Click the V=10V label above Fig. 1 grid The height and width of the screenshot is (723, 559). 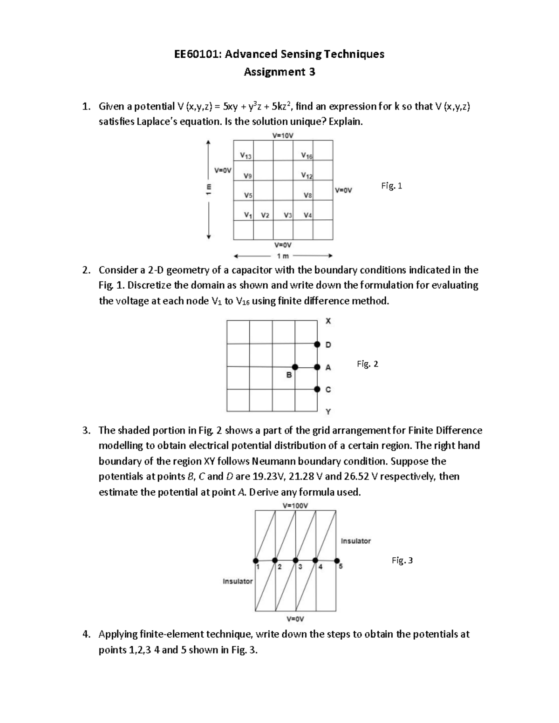click(x=283, y=135)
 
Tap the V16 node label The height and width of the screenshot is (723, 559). click(x=307, y=156)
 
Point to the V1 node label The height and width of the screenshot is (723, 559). click(x=248, y=215)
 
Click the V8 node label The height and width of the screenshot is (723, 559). click(x=307, y=196)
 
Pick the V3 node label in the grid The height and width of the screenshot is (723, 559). click(x=287, y=215)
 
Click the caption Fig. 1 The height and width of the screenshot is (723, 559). click(x=391, y=186)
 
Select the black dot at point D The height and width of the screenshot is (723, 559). click(x=317, y=345)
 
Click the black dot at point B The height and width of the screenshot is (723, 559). click(x=295, y=367)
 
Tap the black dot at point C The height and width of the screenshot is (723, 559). click(x=317, y=389)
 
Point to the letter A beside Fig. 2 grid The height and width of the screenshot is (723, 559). click(x=328, y=367)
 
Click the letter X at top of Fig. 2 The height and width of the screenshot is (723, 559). click(x=328, y=321)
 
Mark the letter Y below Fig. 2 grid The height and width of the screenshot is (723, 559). click(x=328, y=412)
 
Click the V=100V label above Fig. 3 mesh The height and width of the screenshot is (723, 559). click(x=295, y=506)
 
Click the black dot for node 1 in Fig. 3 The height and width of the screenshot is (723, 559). click(x=255, y=560)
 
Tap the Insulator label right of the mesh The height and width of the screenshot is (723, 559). click(x=356, y=541)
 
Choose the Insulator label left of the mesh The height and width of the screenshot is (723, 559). click(x=238, y=581)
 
